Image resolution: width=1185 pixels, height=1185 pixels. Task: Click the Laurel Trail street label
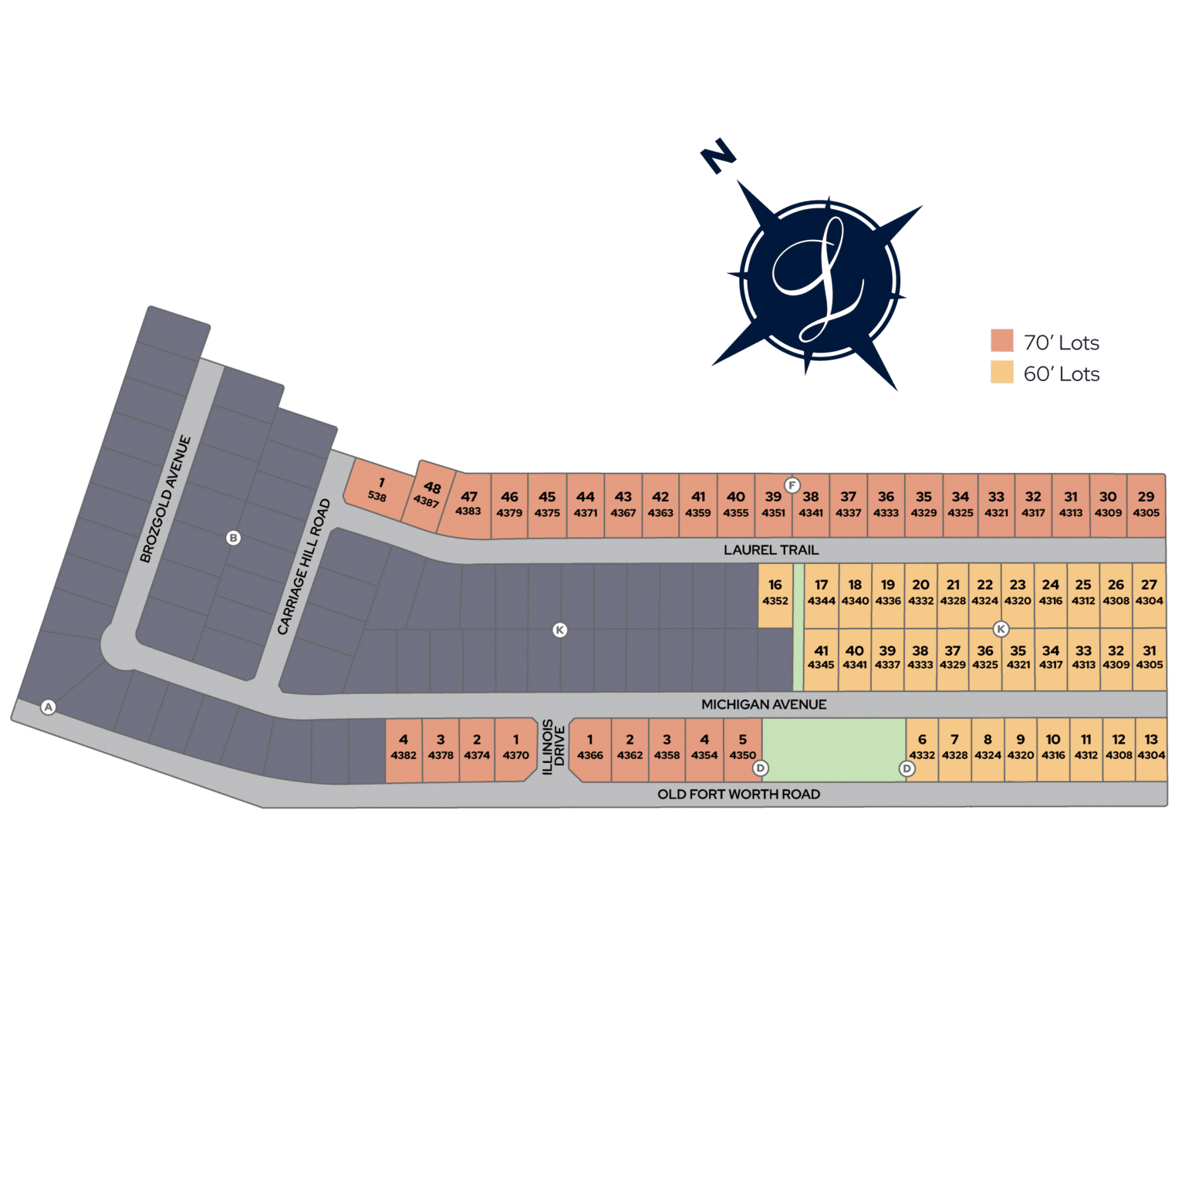pos(771,550)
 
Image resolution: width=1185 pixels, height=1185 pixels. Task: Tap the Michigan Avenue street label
pos(764,704)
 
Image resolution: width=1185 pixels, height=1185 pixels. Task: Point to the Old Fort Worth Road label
pos(738,795)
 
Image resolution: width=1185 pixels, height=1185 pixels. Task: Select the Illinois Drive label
pos(554,747)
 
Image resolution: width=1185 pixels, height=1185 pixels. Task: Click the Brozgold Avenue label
pos(165,499)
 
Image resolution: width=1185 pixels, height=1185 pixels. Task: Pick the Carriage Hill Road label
pos(304,567)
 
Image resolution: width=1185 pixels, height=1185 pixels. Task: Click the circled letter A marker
pos(49,707)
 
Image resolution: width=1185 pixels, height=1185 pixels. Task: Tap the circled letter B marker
pos(234,538)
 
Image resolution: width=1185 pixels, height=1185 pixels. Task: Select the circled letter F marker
pos(792,485)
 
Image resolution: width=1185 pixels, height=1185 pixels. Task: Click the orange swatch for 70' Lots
pos(1002,340)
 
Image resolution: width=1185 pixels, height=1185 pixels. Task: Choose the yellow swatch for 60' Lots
pos(1002,372)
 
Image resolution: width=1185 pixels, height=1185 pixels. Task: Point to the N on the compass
pos(718,156)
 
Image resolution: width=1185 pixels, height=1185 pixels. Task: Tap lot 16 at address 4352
pos(775,596)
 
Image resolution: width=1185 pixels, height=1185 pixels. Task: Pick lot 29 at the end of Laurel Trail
pos(1146,505)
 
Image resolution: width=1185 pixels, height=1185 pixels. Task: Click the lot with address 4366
pos(590,750)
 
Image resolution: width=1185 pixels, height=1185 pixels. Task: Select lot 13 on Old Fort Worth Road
pos(1151,750)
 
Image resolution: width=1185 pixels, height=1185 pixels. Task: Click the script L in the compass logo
pos(819,279)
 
